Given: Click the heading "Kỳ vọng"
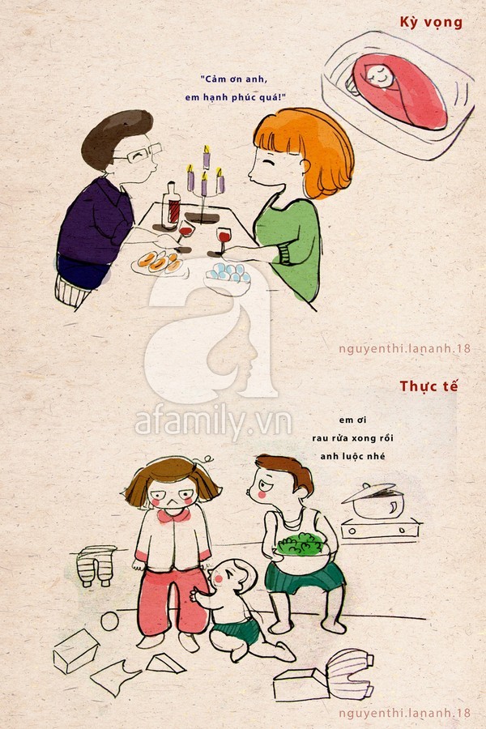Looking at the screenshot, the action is [x=431, y=23].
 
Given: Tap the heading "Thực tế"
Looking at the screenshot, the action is [x=428, y=386].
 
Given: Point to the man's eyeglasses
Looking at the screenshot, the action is [x=139, y=153].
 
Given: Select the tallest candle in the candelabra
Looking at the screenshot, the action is [x=206, y=157].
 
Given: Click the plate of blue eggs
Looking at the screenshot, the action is [x=228, y=275].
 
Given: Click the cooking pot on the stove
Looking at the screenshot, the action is [x=375, y=501].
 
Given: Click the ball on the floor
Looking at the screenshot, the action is [x=111, y=620].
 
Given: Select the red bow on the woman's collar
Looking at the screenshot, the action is [x=173, y=515].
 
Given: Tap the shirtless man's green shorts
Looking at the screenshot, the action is [x=305, y=578].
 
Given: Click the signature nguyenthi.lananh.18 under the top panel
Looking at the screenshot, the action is [x=404, y=348].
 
